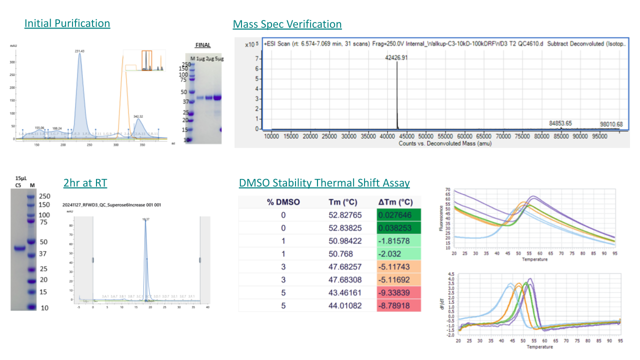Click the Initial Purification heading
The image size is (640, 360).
67,23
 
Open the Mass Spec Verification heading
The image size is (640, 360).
287,24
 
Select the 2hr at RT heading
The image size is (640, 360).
85,183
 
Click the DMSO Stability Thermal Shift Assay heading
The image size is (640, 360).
324,183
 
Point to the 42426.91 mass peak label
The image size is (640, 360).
397,57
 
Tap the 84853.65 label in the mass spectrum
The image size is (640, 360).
560,123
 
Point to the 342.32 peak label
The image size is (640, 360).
138,116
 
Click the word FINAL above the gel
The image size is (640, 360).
202,45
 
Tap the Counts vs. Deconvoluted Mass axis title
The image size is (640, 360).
445,143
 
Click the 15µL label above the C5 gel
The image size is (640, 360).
20,178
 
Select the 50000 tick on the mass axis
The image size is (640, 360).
425,135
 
